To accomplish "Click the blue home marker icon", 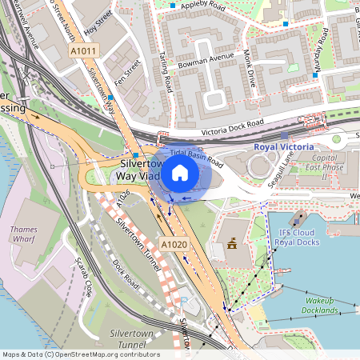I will click(180, 173).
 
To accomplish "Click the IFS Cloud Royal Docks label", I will click(296, 237).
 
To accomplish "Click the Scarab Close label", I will click(82, 274).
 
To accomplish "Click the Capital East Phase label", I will click(326, 162).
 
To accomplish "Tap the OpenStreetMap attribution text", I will click(80, 354).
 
